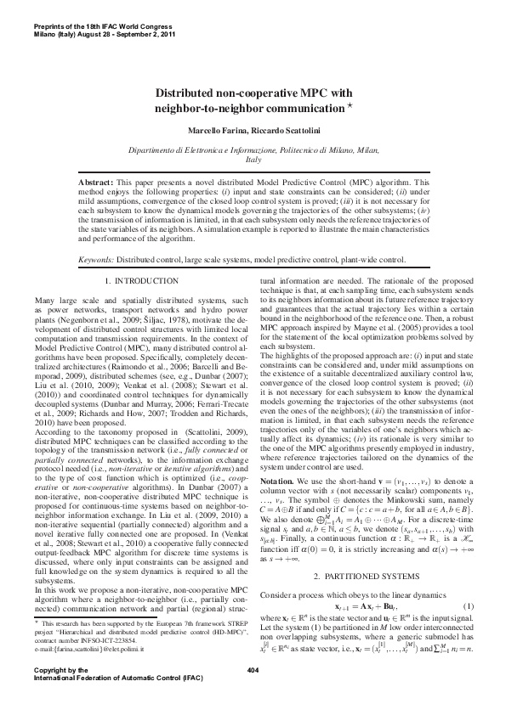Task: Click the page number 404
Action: tap(252, 694)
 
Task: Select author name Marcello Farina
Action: tap(216, 131)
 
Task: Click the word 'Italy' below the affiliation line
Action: tap(253, 160)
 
